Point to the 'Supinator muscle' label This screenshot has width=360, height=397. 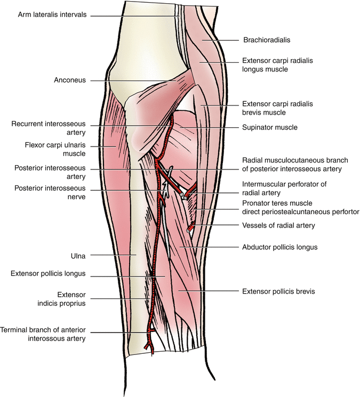(x=270, y=128)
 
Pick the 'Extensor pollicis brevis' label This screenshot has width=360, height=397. (x=278, y=291)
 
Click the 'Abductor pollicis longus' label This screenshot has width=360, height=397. (x=280, y=247)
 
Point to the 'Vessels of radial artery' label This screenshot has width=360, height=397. (x=278, y=225)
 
